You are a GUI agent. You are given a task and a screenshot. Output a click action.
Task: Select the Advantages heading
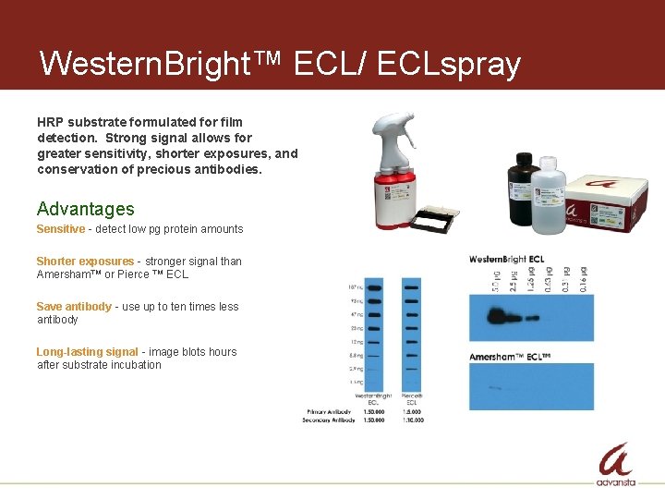tap(85, 209)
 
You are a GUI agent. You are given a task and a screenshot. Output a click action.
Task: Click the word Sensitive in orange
tap(60, 229)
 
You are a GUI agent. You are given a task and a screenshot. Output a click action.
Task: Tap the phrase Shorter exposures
tap(84, 262)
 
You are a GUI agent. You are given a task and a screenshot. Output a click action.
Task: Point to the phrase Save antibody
tap(74, 307)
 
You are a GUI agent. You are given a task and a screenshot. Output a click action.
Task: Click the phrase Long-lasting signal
tap(87, 352)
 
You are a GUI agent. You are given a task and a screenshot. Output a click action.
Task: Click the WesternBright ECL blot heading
tap(506, 259)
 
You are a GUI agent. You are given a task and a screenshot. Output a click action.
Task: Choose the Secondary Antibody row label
tap(329, 420)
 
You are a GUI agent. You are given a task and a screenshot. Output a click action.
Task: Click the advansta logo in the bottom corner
tap(616, 465)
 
